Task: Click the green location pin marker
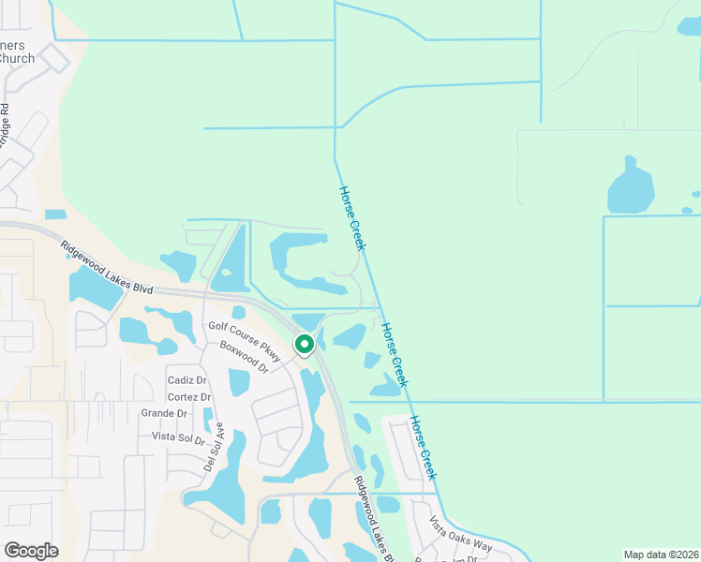[305, 345]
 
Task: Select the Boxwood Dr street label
[244, 357]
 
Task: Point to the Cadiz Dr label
[186, 380]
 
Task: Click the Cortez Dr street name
[188, 397]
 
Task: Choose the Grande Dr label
[165, 413]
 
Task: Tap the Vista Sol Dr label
[177, 436]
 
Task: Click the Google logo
[31, 551]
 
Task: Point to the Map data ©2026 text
[660, 555]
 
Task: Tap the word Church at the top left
[16, 58]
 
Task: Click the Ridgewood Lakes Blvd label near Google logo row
[377, 519]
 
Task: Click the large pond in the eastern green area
[632, 188]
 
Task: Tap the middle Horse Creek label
[394, 355]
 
